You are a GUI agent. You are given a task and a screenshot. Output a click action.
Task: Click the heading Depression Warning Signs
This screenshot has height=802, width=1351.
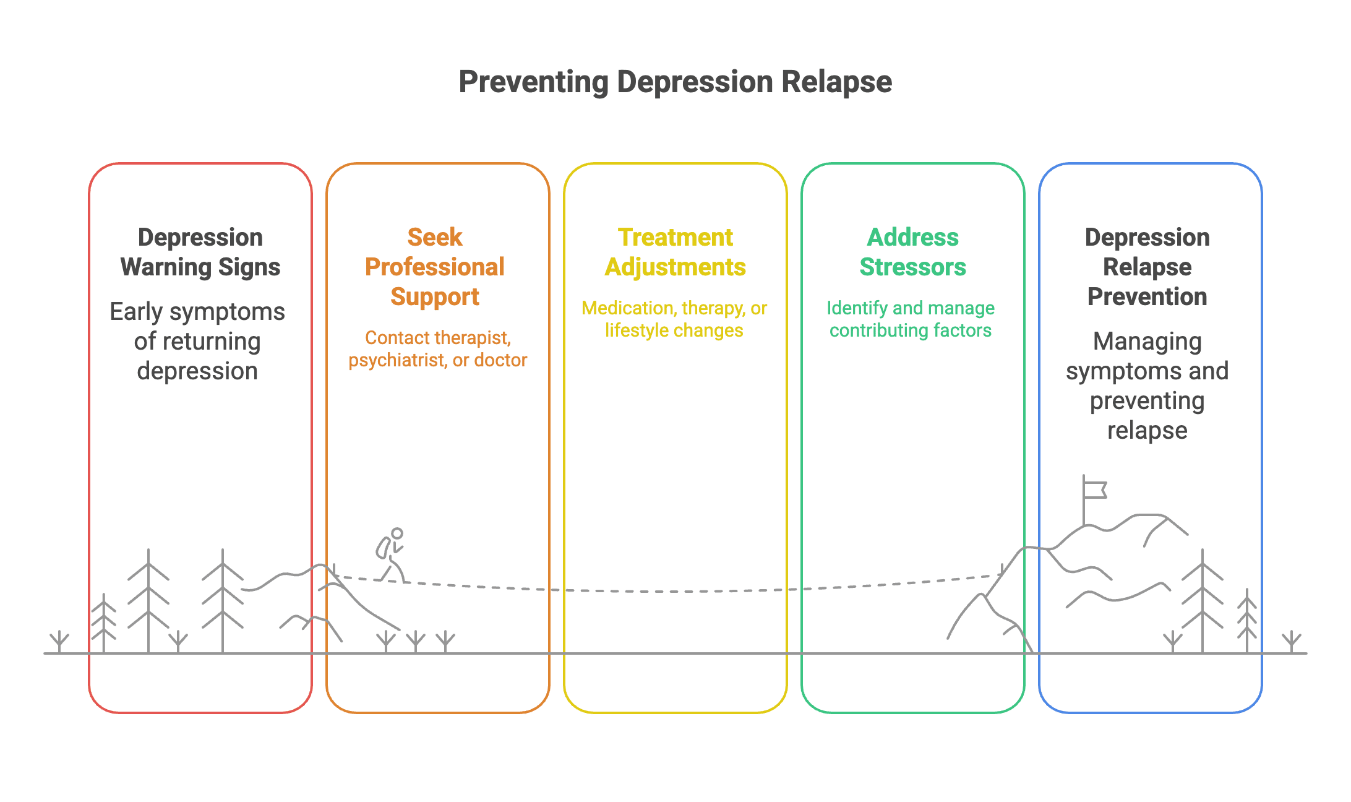pos(200,252)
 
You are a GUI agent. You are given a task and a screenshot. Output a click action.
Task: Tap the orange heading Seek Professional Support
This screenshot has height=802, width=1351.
pos(435,267)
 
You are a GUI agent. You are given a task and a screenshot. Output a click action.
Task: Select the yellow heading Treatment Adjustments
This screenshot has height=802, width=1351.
pos(675,252)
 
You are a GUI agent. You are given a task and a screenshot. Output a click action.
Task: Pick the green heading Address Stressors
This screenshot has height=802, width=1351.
pos(912,252)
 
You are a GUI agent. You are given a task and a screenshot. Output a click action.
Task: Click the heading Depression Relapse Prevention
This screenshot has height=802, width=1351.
pos(1147,267)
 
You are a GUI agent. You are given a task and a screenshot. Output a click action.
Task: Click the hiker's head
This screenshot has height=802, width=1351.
pos(397,533)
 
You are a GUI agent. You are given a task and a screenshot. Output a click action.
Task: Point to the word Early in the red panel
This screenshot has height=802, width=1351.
pos(136,312)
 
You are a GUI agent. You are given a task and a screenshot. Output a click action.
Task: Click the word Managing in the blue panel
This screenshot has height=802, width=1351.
pos(1147,342)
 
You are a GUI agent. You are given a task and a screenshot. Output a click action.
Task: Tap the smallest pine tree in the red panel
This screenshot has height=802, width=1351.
pos(104,622)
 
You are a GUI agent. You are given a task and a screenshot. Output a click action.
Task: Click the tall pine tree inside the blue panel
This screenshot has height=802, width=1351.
pos(1202,600)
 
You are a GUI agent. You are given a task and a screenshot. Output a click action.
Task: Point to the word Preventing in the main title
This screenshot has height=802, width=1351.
pos(534,82)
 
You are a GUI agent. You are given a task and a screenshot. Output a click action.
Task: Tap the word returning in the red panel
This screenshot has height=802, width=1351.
pos(212,342)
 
